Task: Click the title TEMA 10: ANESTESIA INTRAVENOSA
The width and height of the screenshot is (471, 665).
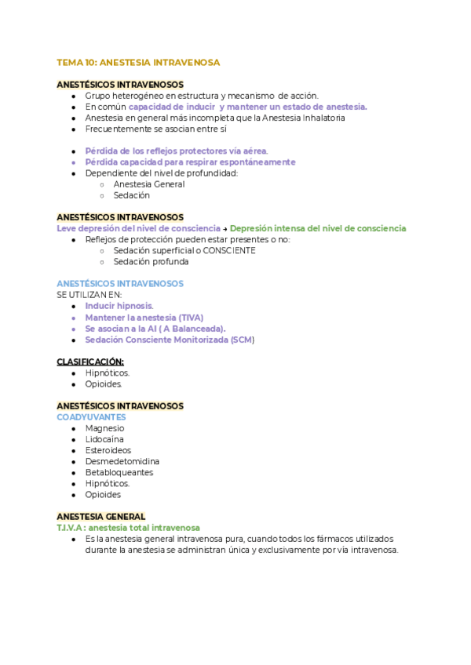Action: tap(138, 62)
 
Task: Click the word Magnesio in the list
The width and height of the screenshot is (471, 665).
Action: tap(104, 428)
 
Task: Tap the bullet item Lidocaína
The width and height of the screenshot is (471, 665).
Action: tap(104, 439)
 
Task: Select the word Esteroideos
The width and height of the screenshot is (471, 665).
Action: tap(108, 450)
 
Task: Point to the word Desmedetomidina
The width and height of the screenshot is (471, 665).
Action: tap(122, 461)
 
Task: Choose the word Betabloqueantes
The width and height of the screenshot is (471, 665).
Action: tap(119, 472)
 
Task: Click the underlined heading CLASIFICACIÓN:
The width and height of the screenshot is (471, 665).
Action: tap(90, 362)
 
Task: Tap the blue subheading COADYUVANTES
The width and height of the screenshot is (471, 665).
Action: tap(91, 417)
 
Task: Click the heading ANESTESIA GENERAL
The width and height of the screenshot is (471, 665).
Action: tap(101, 516)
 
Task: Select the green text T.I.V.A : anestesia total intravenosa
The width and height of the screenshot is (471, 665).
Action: tap(128, 528)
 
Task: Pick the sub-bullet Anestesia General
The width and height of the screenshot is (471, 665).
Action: tap(149, 184)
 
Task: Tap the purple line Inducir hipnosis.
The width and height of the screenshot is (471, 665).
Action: tap(119, 306)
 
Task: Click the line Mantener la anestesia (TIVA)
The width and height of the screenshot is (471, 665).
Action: tap(144, 318)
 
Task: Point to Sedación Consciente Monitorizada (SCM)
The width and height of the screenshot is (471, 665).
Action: tap(169, 340)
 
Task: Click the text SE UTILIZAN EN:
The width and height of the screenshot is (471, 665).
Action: tap(84, 295)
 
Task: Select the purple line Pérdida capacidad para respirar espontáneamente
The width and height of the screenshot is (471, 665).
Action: tap(190, 162)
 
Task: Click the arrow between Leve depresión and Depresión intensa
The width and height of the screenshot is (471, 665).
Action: tap(225, 228)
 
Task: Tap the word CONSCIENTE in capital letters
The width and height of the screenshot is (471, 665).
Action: tap(229, 250)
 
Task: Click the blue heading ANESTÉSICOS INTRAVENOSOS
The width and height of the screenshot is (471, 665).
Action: tap(120, 283)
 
